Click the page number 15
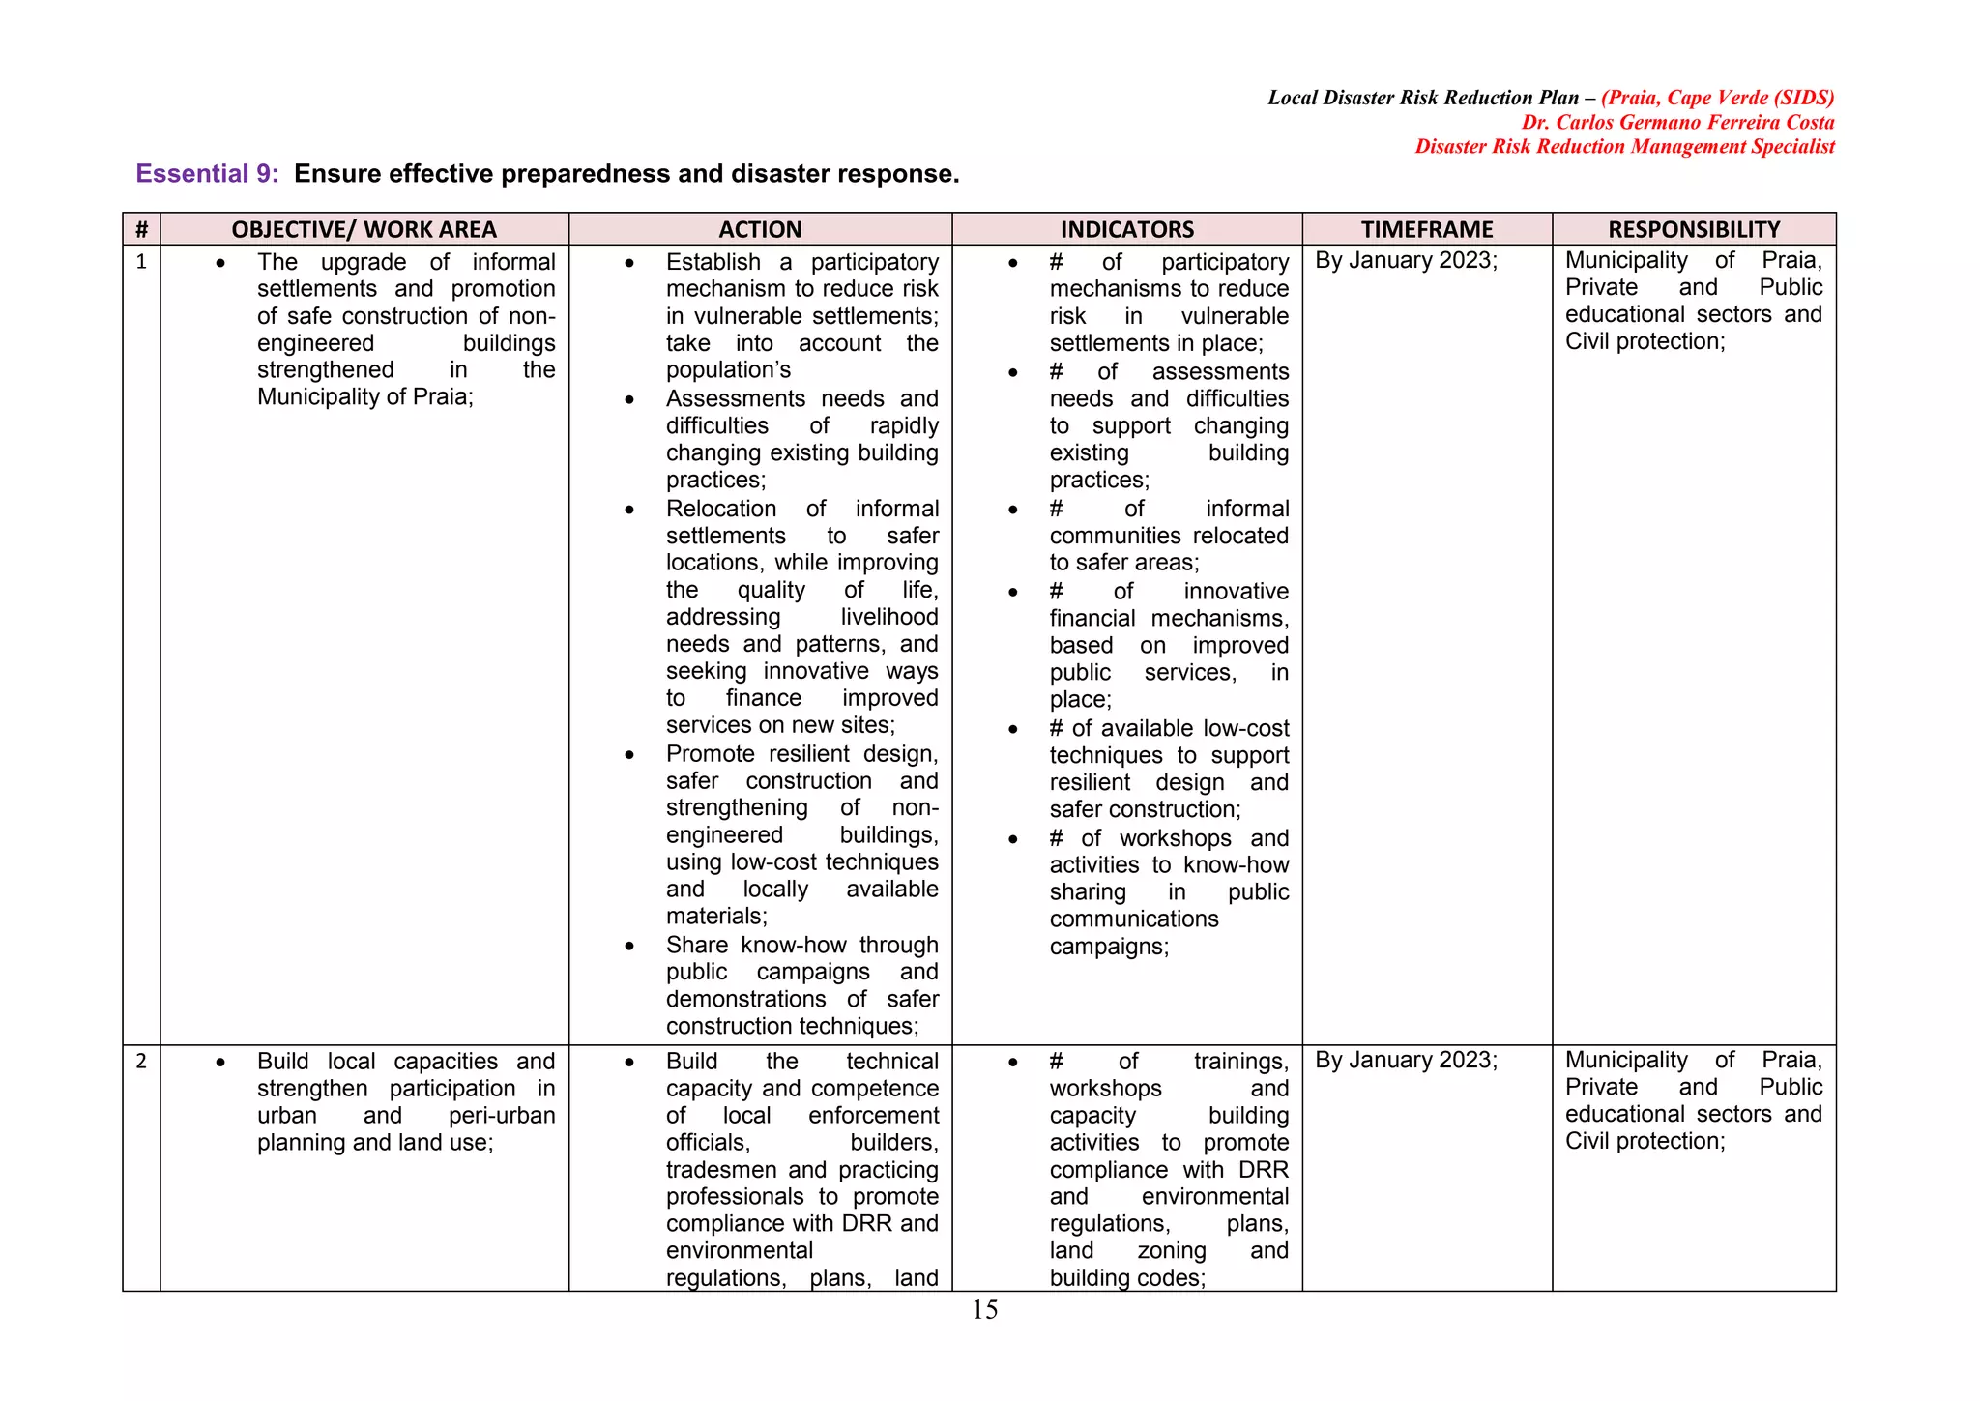[x=984, y=1310]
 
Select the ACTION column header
[x=760, y=229]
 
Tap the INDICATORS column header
[x=1126, y=229]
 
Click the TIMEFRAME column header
[x=1427, y=229]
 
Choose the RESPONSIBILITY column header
[x=1694, y=229]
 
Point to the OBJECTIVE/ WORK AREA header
[x=364, y=229]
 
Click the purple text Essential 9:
[x=207, y=174]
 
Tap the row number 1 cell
[x=141, y=262]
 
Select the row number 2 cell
[x=141, y=1062]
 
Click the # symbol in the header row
[x=141, y=229]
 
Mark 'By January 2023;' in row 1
[x=1406, y=261]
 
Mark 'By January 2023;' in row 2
[x=1406, y=1061]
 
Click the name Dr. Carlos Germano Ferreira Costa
[x=1677, y=123]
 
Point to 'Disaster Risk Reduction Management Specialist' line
[x=1624, y=147]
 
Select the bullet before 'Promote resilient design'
[x=629, y=755]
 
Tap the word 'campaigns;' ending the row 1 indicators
[x=1109, y=947]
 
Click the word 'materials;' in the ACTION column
[x=716, y=917]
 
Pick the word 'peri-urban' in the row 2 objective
[x=502, y=1116]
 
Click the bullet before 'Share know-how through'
[x=629, y=947]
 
